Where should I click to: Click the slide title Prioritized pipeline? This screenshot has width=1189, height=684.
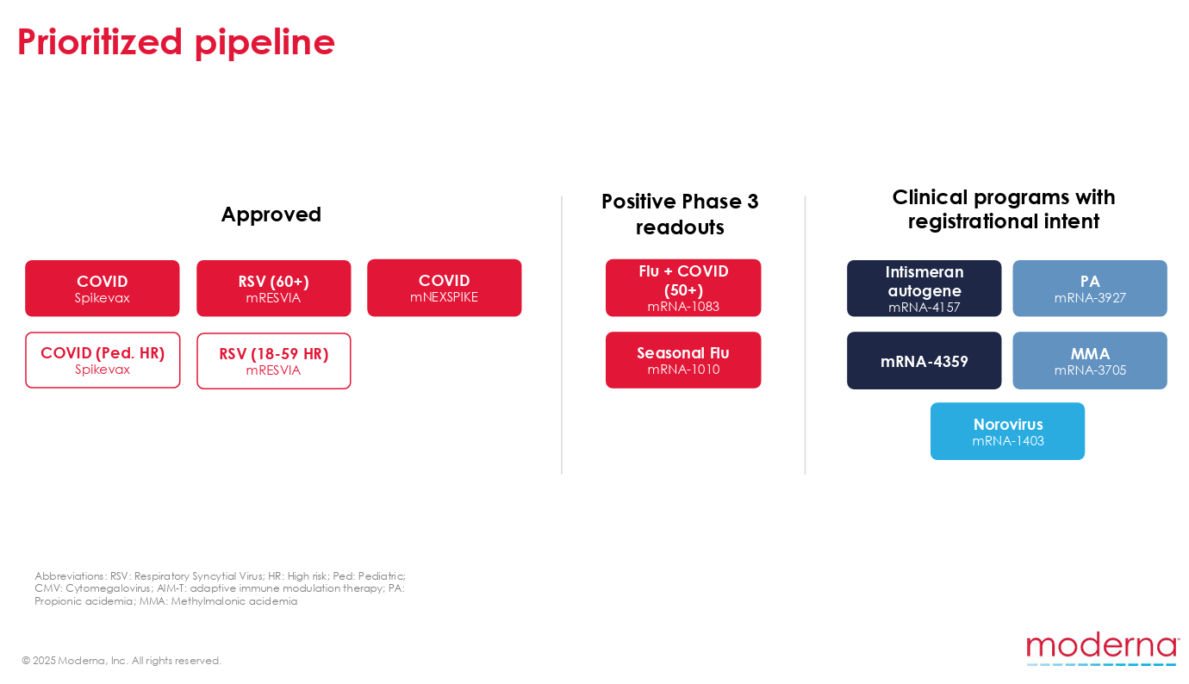[x=176, y=42]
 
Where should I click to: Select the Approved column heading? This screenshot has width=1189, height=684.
[x=271, y=215]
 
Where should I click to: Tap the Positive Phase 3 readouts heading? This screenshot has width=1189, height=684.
[x=680, y=214]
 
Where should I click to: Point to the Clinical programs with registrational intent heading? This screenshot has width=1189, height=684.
[x=1003, y=209]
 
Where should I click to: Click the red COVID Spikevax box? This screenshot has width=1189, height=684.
[x=103, y=289]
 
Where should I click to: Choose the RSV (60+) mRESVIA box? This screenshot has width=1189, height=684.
[x=273, y=289]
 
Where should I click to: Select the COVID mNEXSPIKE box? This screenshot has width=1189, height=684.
[x=444, y=288]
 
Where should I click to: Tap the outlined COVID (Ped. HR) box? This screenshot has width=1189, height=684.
[x=103, y=360]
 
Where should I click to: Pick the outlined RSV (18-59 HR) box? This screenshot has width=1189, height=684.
[x=273, y=361]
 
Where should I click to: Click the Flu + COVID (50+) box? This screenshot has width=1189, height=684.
[x=683, y=288]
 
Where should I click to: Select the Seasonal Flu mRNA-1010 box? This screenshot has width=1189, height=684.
[x=683, y=360]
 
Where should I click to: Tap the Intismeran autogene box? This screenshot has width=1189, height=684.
[x=924, y=289]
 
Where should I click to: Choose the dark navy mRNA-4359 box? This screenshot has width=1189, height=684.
[x=924, y=361]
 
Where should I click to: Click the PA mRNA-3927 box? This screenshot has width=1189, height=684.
[x=1089, y=289]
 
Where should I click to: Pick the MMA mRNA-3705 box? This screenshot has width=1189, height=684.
[x=1089, y=361]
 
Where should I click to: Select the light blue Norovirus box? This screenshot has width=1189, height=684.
[x=1007, y=431]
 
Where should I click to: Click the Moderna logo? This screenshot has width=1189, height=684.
[x=1102, y=649]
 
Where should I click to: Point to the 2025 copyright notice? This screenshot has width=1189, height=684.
[x=121, y=661]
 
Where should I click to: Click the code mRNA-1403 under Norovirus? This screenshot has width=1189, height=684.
[x=1008, y=441]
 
